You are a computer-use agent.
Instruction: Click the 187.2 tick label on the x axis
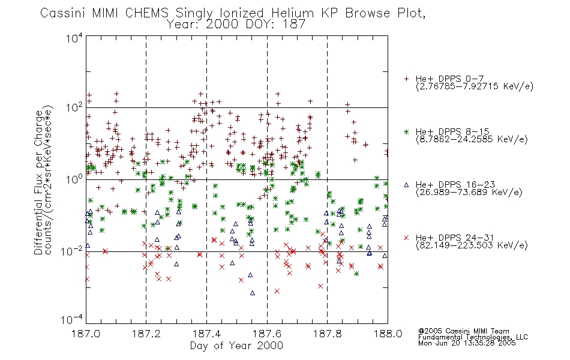tap(146, 334)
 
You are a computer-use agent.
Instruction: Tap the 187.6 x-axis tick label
tap(267, 334)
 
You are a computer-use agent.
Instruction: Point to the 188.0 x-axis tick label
tap(388, 334)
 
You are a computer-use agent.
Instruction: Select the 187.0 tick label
tap(86, 334)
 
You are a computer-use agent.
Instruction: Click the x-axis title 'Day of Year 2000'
tap(236, 346)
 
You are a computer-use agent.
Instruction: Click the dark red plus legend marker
tap(406, 79)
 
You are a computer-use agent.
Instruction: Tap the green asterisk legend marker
tap(406, 131)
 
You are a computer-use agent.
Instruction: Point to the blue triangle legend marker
tap(406, 185)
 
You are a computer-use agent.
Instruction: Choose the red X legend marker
tap(406, 238)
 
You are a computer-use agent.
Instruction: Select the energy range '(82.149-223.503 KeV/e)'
tap(472, 245)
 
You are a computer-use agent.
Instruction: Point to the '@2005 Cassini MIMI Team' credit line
tap(464, 331)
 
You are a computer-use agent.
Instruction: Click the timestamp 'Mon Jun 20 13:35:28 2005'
tap(467, 343)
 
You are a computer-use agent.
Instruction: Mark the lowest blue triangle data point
tap(252, 293)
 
